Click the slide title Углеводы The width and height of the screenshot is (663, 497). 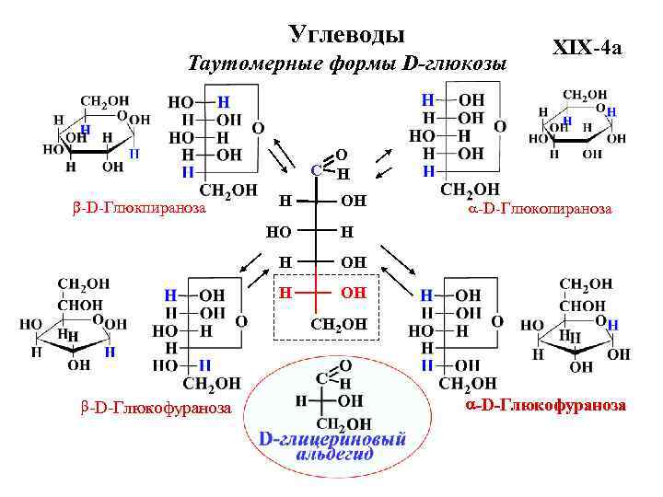coord(347,35)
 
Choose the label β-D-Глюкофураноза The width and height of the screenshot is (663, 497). coord(153,408)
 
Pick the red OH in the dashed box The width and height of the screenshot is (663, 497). coord(353,293)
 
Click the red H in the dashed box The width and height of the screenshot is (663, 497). coord(286,293)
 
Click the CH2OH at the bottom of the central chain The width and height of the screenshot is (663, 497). coord(339,323)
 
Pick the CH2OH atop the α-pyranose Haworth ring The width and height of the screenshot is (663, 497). coord(585,94)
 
